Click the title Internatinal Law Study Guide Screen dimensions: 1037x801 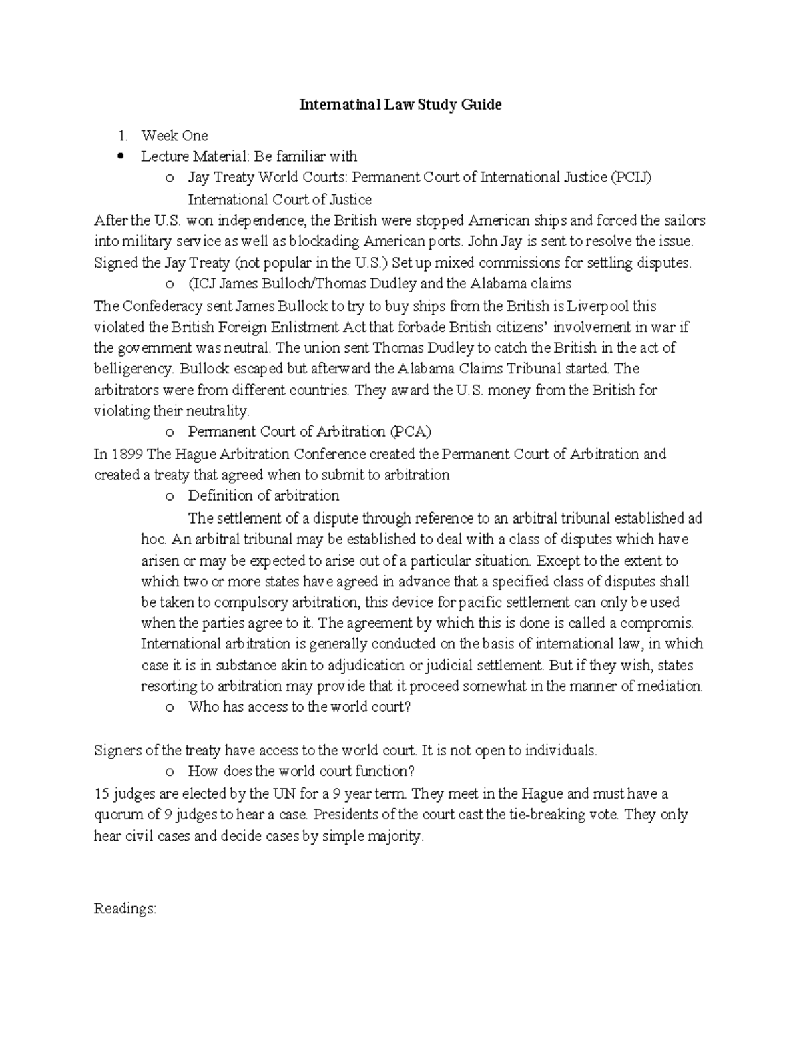(400, 105)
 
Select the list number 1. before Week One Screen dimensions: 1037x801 (122, 136)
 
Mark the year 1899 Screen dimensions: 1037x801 (127, 455)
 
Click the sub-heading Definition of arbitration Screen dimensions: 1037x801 (263, 496)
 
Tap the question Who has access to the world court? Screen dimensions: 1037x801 (299, 707)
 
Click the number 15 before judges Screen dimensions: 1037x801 (101, 794)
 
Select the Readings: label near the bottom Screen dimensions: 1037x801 (125, 909)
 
